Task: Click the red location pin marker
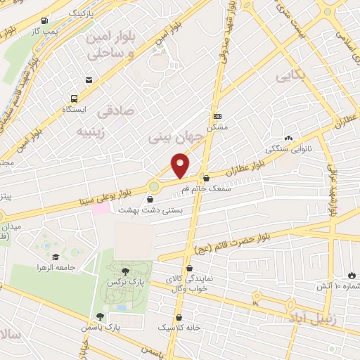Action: (181, 165)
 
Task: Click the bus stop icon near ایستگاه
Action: (74, 99)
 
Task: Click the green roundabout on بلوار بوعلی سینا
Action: (154, 186)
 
